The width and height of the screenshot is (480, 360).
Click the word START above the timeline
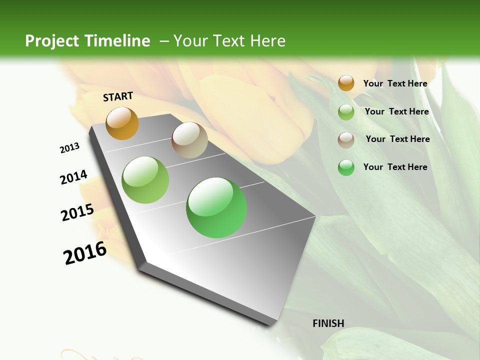(118, 96)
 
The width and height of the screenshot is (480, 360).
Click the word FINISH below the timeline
(328, 323)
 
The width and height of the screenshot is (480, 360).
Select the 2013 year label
(70, 147)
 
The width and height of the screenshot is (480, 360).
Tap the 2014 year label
(74, 177)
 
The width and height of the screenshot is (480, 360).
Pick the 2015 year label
(77, 212)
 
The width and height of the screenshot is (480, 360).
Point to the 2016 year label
(85, 253)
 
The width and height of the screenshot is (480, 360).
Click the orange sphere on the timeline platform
(122, 123)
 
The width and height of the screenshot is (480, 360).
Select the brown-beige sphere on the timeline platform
(189, 140)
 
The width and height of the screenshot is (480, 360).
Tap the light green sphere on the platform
(145, 180)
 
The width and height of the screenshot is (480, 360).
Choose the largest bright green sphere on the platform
(216, 207)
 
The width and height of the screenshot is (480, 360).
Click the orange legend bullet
(346, 83)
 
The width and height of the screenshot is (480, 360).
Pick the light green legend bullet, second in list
(346, 112)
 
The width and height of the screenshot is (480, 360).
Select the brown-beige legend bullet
(346, 140)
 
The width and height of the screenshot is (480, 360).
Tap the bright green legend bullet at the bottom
(346, 167)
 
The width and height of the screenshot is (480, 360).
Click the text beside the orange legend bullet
(395, 83)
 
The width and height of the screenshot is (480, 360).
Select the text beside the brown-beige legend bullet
(397, 139)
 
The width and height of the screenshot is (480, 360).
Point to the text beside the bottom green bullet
(395, 167)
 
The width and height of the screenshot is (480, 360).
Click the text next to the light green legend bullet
(396, 111)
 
